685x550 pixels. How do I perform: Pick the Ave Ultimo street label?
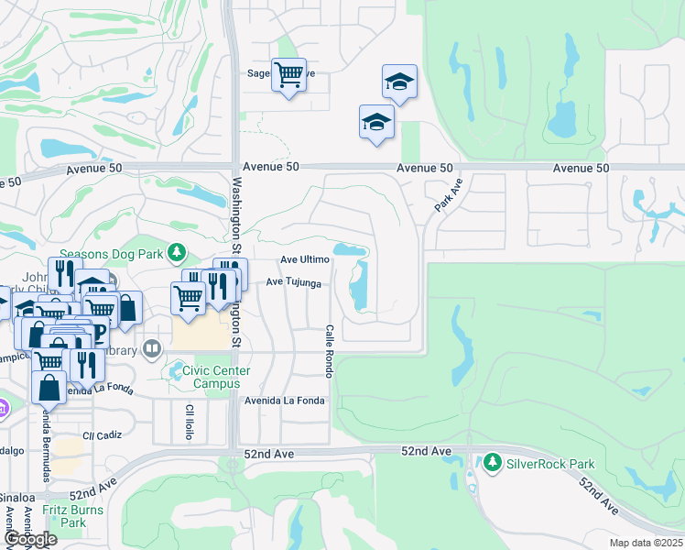click(x=304, y=260)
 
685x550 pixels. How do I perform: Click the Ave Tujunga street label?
click(x=293, y=283)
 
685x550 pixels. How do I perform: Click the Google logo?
click(x=30, y=539)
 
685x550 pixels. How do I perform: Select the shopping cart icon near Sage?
click(x=288, y=73)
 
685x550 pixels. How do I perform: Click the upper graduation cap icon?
click(x=399, y=82)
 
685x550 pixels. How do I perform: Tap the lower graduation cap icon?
click(x=376, y=122)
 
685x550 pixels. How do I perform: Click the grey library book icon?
click(x=152, y=348)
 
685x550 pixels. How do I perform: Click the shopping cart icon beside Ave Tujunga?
click(x=188, y=297)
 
